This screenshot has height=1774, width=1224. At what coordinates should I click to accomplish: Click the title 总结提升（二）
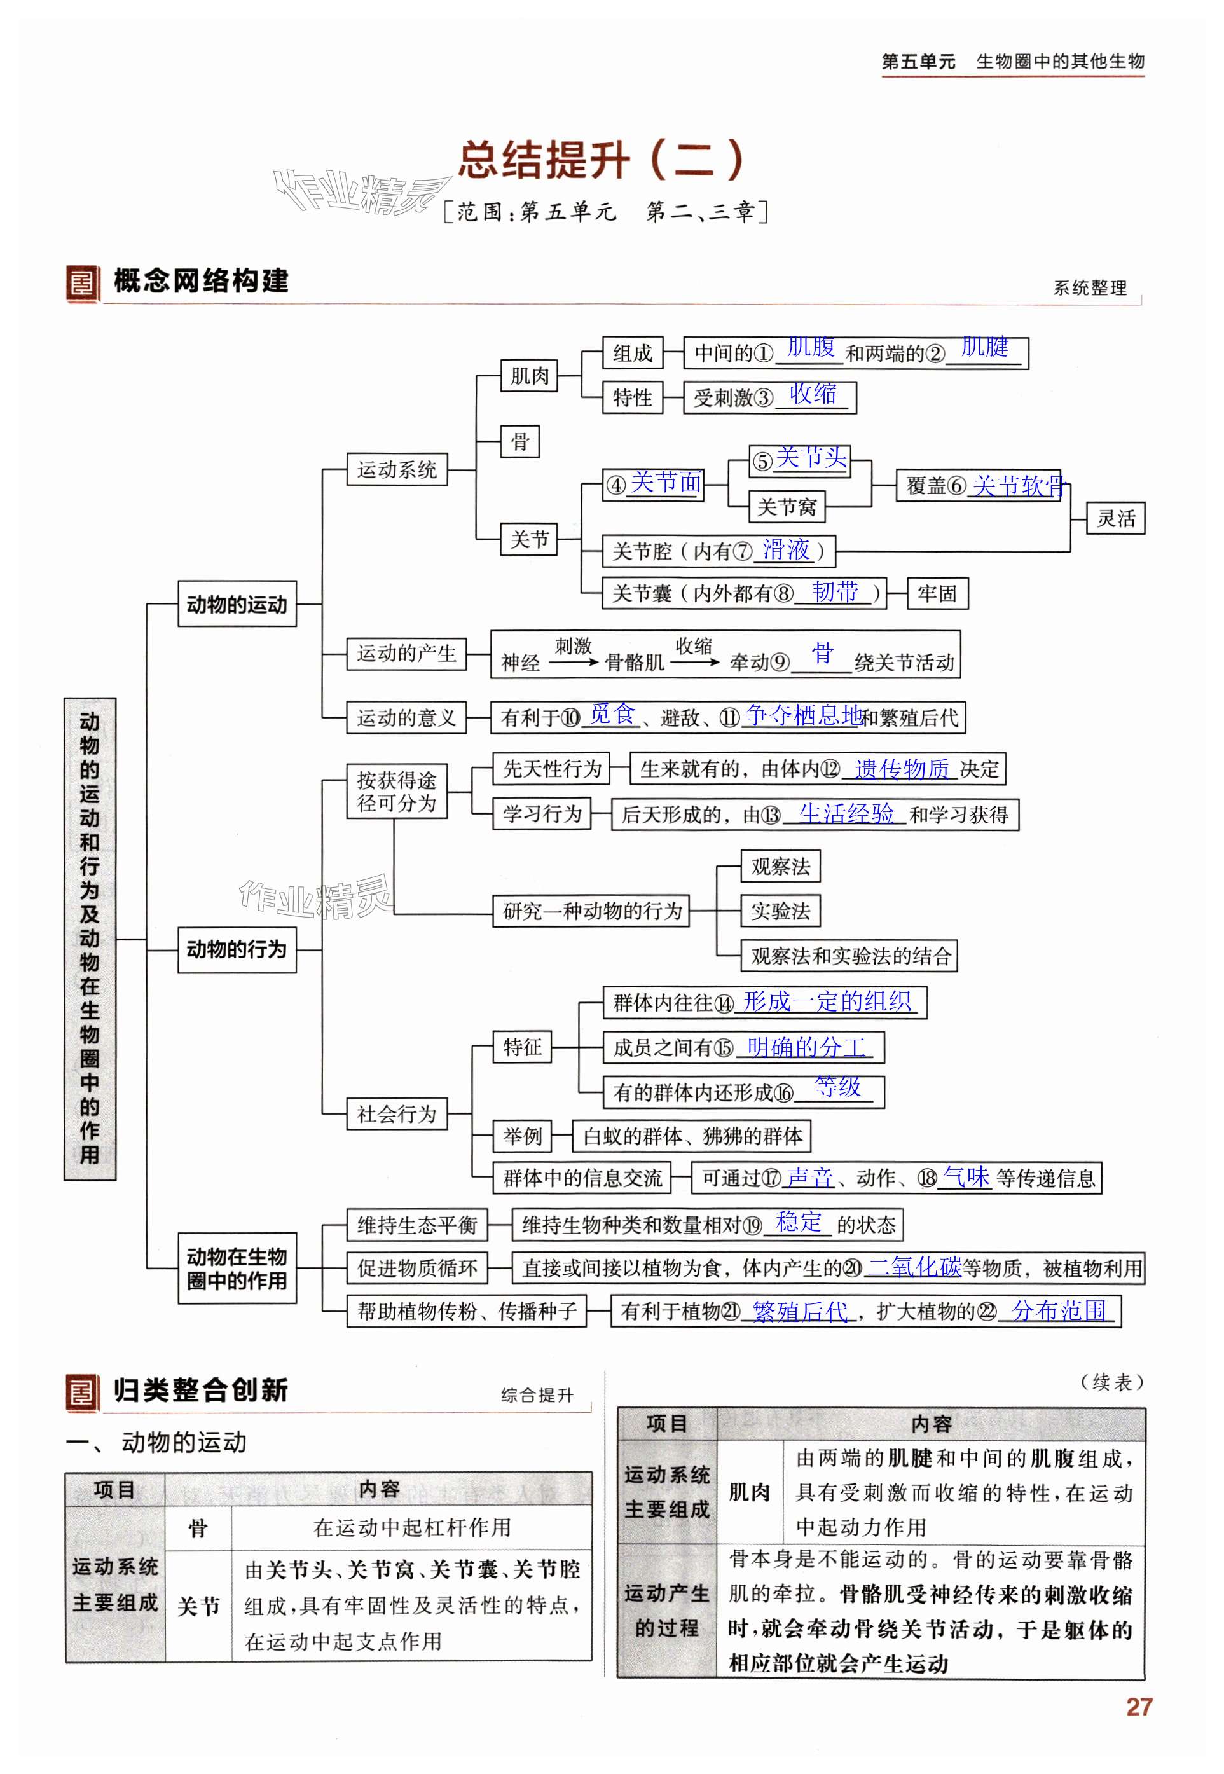pos(602,160)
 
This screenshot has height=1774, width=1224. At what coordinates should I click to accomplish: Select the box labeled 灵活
pos(1116,518)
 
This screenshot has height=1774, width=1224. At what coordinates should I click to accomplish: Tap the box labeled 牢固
pos(937,593)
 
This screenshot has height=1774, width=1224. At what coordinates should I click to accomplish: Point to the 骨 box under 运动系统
pos(520,441)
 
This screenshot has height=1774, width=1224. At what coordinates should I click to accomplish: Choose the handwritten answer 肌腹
pos(811,347)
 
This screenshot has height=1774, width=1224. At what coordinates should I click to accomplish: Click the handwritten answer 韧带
pos(835,591)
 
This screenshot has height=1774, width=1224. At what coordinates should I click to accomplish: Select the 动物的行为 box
pos(237,949)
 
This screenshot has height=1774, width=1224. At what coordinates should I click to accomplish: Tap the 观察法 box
pos(780,867)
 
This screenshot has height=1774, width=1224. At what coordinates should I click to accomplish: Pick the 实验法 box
pos(780,911)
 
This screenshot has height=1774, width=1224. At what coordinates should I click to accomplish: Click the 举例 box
pos(522,1136)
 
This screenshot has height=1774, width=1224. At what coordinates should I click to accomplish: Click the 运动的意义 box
pos(406,718)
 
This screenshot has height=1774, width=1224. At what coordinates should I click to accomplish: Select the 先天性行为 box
pos(551,769)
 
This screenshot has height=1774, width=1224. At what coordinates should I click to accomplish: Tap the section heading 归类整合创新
pos(201,1391)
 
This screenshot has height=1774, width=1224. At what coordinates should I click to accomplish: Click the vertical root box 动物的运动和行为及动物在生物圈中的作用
pos(90,939)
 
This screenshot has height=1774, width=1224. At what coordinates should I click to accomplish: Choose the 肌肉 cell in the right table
pos(749,1492)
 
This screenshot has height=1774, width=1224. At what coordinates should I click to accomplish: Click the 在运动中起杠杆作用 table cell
pos(412,1527)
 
